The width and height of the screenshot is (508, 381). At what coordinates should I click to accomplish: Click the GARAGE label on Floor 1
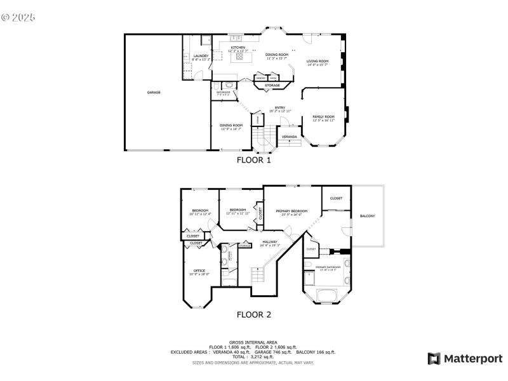click(x=154, y=93)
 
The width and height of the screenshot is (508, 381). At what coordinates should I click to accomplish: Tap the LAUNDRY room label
click(x=201, y=57)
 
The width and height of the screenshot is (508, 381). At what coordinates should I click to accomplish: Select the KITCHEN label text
click(x=238, y=48)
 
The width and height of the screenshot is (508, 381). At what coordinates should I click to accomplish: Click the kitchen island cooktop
click(x=240, y=57)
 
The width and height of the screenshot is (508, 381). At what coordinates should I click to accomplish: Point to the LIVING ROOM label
click(x=317, y=61)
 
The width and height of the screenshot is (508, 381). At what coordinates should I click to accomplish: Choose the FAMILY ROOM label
click(x=323, y=117)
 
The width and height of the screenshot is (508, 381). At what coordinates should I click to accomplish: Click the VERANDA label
click(x=290, y=137)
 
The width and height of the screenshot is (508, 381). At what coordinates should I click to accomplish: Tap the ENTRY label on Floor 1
click(x=279, y=107)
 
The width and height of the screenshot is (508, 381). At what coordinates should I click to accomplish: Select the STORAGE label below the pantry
click(x=272, y=85)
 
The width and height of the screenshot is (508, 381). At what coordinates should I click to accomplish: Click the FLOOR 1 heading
click(x=254, y=161)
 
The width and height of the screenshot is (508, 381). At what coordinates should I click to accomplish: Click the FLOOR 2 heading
click(x=254, y=314)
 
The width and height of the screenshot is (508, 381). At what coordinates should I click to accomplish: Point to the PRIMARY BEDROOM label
click(x=291, y=211)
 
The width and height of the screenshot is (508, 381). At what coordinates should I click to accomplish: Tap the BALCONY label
click(x=367, y=216)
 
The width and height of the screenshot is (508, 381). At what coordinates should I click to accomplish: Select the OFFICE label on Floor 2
click(x=199, y=271)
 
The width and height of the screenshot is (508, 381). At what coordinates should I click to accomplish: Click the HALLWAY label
click(x=271, y=242)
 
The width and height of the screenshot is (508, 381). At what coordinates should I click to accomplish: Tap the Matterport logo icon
click(x=434, y=359)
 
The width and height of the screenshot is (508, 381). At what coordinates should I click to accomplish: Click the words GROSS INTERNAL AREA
click(x=253, y=342)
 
